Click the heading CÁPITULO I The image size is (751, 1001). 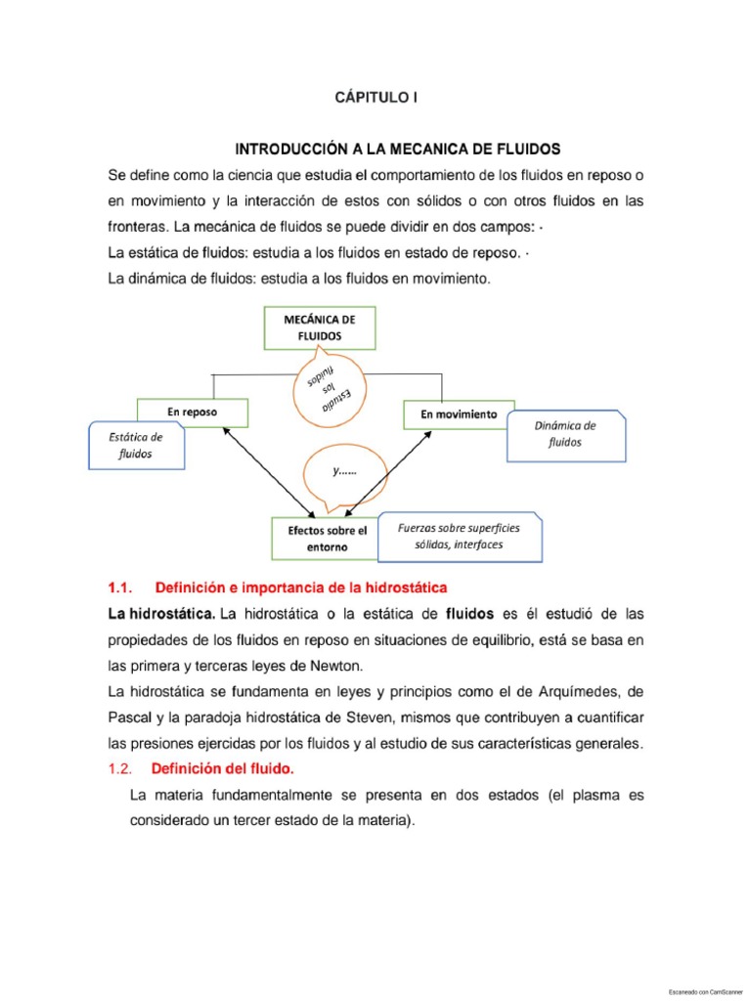pos(375,98)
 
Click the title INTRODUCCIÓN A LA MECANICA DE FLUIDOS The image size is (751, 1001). pos(397,150)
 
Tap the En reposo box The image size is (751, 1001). pos(192,413)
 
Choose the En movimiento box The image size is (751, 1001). pos(458,414)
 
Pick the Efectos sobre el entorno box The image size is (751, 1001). pos(327,539)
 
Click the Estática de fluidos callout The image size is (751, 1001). pos(136,446)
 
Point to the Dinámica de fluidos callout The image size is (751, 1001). pos(565,434)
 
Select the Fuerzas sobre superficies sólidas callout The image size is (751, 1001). pos(459,536)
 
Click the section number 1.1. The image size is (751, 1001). pos(118,588)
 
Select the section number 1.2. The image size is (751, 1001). pos(118,769)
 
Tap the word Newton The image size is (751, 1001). pos(334,666)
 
